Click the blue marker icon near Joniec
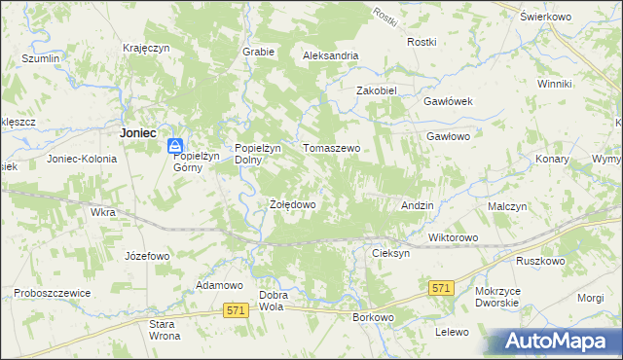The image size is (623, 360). tap(174, 146)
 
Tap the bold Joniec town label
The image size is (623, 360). tap(137, 132)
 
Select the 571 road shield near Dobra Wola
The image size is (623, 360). tap(234, 310)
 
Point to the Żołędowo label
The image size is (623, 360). tap(292, 205)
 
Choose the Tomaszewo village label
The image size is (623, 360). tap(332, 148)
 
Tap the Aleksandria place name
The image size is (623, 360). tap(331, 56)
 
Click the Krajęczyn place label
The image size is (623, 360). tap(147, 47)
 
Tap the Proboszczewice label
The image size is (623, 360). tap(52, 293)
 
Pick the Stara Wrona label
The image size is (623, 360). tap(164, 330)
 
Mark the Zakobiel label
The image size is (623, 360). tap(378, 90)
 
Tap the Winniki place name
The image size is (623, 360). tap(554, 84)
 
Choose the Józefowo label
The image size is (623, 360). tap(147, 256)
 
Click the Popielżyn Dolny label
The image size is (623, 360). tap(258, 154)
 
